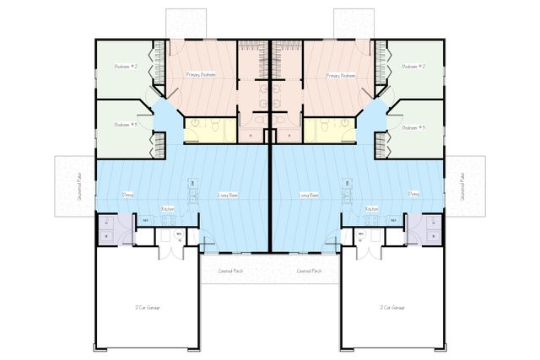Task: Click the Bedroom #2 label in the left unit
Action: tap(127, 66)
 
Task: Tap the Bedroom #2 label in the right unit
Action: tap(413, 66)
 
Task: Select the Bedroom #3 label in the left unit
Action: tap(127, 126)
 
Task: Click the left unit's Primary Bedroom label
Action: tap(201, 75)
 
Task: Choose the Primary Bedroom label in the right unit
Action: tap(340, 75)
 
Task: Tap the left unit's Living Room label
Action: tap(228, 195)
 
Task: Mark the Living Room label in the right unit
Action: tap(309, 195)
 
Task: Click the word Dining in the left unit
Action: tap(127, 194)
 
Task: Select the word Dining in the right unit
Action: tap(413, 194)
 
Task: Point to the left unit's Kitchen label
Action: tap(167, 208)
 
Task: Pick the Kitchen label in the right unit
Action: tap(372, 208)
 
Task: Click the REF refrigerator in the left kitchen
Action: tap(145, 221)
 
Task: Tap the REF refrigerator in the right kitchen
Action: tap(394, 221)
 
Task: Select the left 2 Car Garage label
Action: tap(148, 308)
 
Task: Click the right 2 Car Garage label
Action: tap(392, 308)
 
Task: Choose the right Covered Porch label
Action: tap(310, 271)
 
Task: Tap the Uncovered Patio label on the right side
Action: tap(462, 186)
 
